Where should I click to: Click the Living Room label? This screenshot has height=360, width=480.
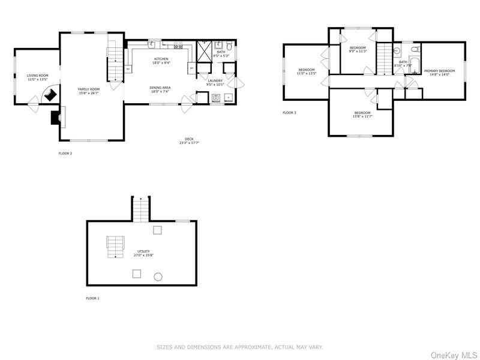37,76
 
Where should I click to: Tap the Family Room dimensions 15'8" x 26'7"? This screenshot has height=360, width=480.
88,93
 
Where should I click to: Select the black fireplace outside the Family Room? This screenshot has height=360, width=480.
56,118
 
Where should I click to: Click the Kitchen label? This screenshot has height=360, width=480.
160,59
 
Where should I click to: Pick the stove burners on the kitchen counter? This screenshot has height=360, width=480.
178,45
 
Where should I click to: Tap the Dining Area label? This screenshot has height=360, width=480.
160,88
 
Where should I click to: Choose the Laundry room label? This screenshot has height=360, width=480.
215,80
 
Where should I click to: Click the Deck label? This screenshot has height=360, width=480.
189,139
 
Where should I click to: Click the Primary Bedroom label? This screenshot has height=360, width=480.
439,71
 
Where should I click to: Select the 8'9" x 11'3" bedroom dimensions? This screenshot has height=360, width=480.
358,51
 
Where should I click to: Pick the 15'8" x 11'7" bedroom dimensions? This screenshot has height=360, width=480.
362,116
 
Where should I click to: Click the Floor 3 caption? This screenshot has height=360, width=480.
289,113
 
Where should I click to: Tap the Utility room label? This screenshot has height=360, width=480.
143,251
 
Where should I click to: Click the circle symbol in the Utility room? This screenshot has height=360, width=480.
158,277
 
